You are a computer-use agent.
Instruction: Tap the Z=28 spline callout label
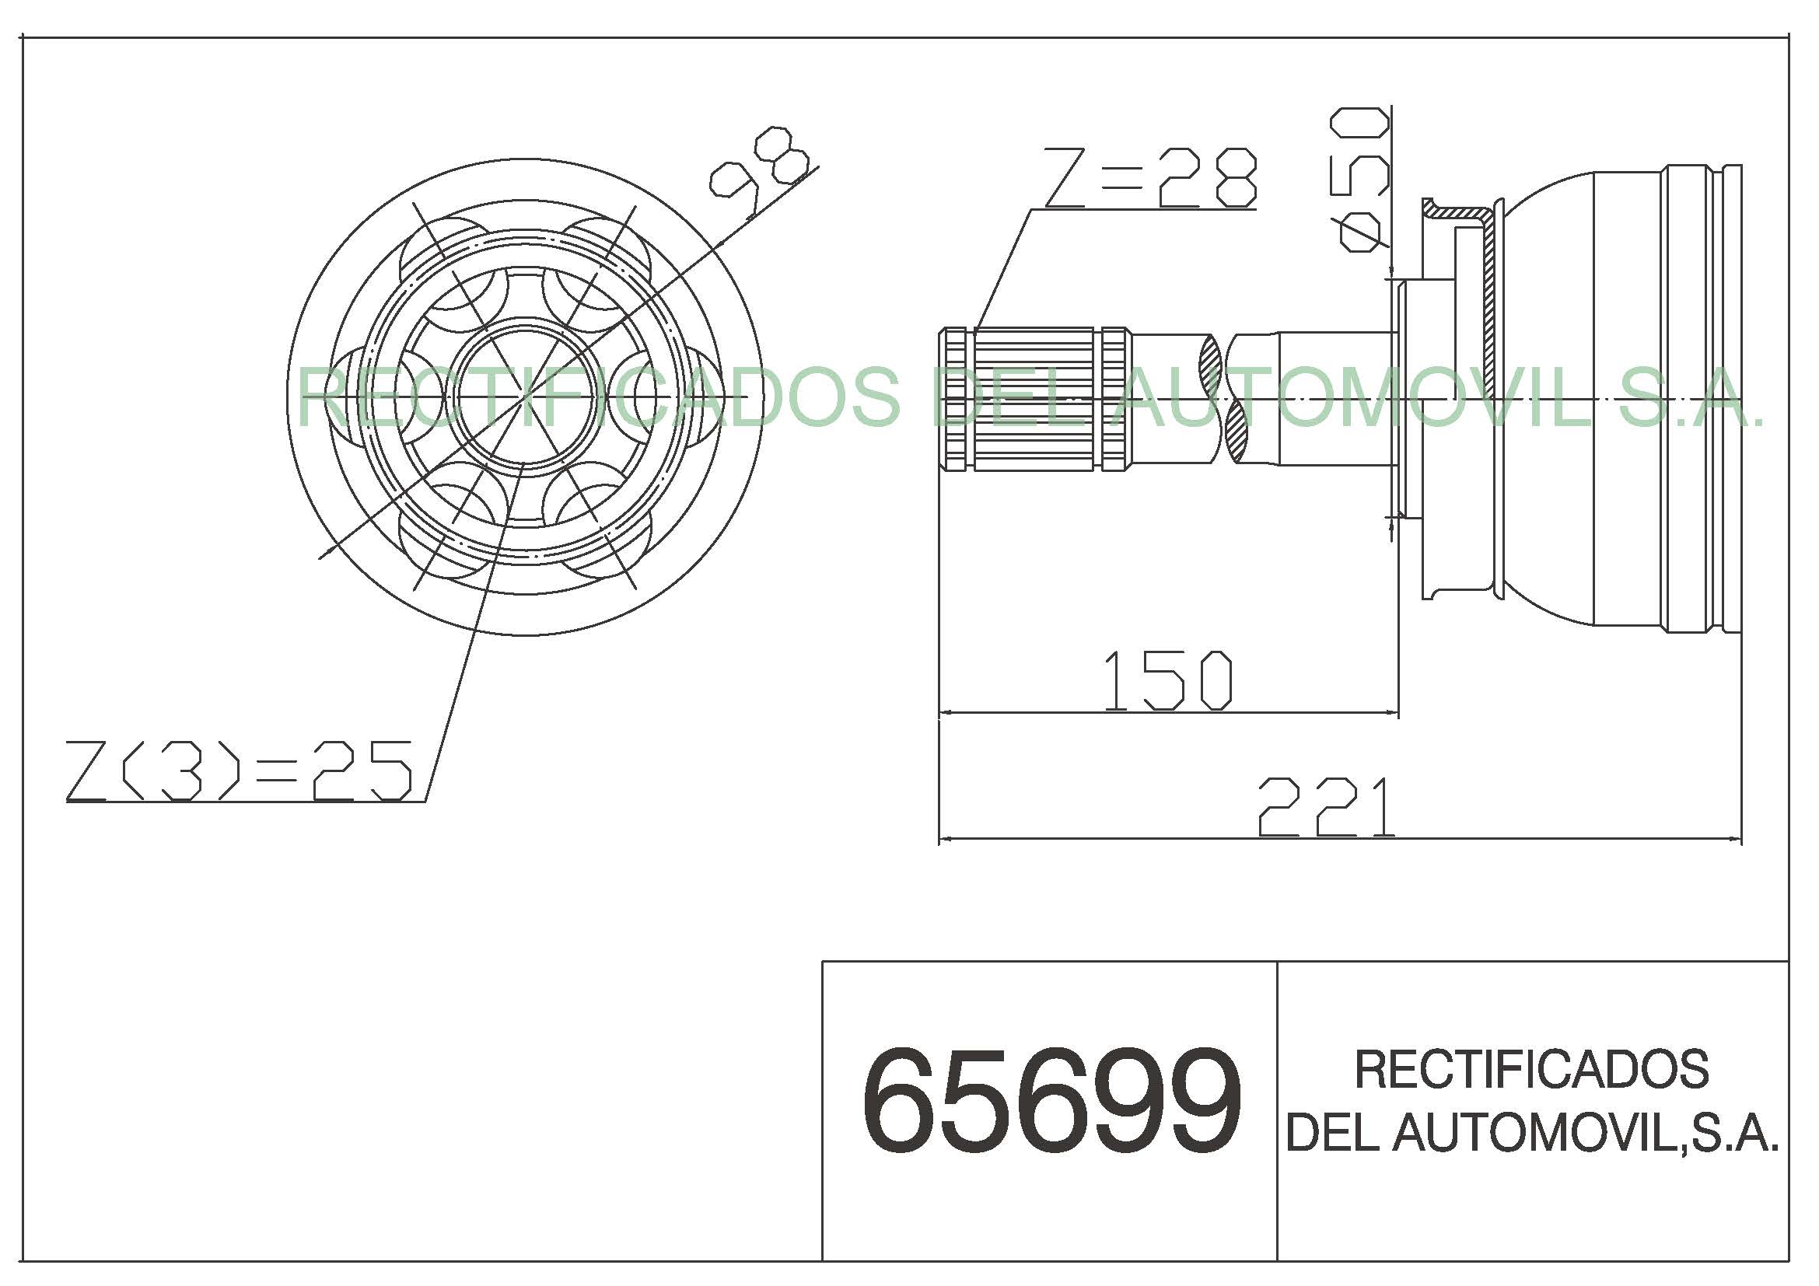click(1150, 178)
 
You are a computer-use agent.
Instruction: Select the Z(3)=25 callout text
click(240, 771)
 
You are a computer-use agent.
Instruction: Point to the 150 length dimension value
click(1168, 680)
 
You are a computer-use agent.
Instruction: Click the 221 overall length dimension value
click(1326, 807)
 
